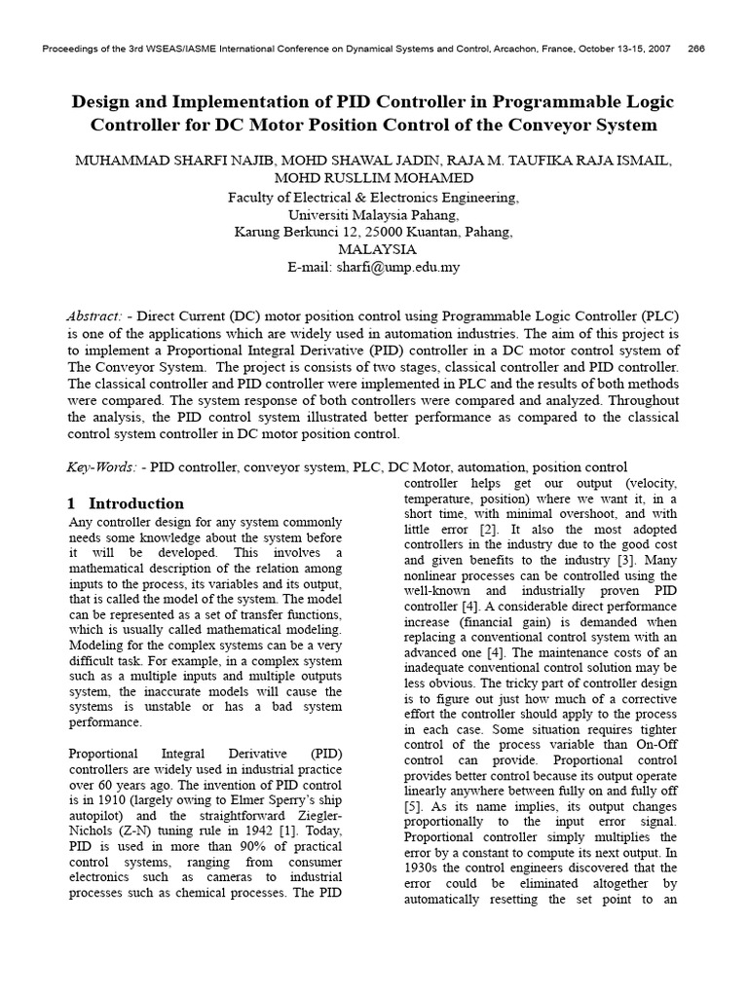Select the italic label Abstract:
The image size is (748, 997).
[x=94, y=316]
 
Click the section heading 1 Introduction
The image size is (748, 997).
[x=126, y=503]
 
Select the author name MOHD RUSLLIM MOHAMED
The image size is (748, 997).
[x=373, y=179]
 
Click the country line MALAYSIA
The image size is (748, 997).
[x=373, y=249]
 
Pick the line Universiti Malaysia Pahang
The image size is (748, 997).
[x=373, y=214]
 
